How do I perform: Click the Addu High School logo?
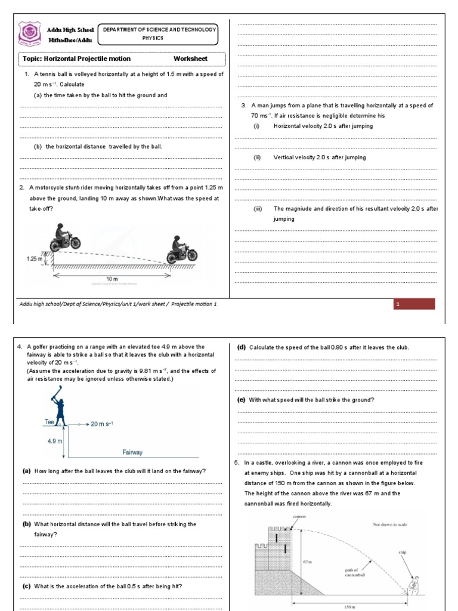pos(29,34)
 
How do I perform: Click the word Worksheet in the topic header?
pos(190,58)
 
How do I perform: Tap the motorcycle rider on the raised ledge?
pos(64,237)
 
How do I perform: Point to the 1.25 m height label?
pos(35,259)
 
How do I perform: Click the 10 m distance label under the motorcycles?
pos(112,279)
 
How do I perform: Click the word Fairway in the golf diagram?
pos(132,452)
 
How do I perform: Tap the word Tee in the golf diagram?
pos(49,422)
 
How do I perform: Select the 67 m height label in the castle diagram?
pos(308,561)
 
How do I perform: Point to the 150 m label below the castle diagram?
pos(350,606)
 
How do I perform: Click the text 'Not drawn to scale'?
pos(388,524)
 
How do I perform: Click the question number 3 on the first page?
pos(244,106)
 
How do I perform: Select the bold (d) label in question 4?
pos(242,347)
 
